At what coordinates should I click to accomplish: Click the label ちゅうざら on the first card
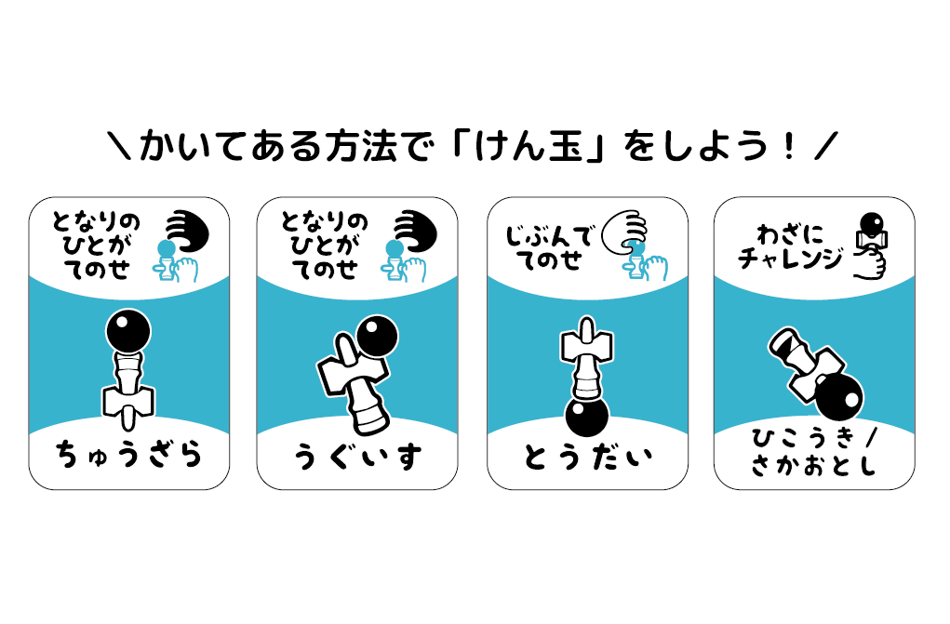pyautogui.click(x=128, y=456)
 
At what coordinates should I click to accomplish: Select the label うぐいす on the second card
pyautogui.click(x=357, y=457)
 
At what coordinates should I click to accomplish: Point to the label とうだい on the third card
pyautogui.click(x=587, y=457)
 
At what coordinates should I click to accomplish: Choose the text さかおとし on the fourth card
pyautogui.click(x=814, y=467)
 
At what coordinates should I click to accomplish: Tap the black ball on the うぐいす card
pyautogui.click(x=377, y=337)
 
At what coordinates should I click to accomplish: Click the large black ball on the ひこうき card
pyautogui.click(x=838, y=397)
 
